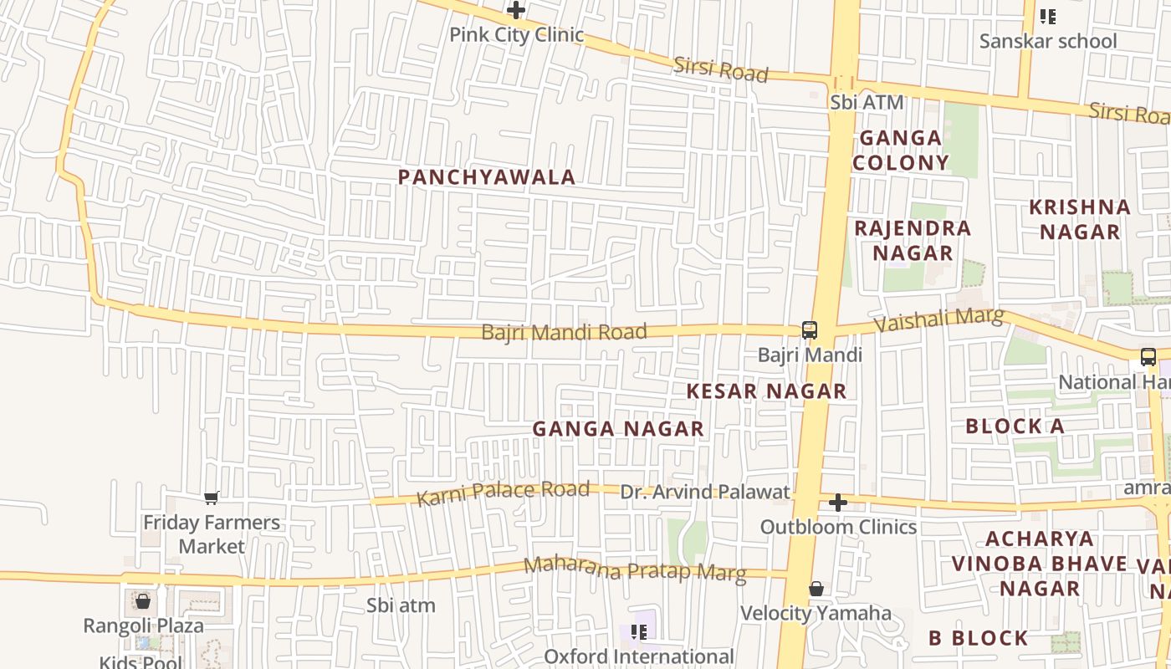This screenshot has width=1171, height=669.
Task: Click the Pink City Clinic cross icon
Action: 516,11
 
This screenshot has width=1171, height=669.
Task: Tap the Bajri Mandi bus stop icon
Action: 809,329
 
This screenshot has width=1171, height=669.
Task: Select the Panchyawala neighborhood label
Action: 486,177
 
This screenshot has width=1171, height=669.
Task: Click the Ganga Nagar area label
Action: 618,429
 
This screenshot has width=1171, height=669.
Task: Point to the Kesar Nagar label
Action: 766,391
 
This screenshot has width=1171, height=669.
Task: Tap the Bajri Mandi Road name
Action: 564,332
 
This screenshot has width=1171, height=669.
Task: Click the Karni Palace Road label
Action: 503,493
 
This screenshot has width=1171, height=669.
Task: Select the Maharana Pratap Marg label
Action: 634,569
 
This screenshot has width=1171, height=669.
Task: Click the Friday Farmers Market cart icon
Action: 212,498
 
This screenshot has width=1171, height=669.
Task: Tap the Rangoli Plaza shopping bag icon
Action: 143,601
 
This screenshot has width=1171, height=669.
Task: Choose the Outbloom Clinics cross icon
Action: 837,503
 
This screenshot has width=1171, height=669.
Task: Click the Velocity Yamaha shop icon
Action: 816,590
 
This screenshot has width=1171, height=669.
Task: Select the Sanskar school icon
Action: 1047,16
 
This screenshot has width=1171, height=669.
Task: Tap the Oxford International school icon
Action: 639,632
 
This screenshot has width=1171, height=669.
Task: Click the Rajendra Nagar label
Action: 913,240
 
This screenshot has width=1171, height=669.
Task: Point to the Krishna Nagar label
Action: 1079,219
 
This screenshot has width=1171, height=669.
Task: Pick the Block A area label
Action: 1015,426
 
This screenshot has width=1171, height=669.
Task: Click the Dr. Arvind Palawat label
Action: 704,492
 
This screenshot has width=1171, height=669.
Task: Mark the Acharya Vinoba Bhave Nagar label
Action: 1040,563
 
